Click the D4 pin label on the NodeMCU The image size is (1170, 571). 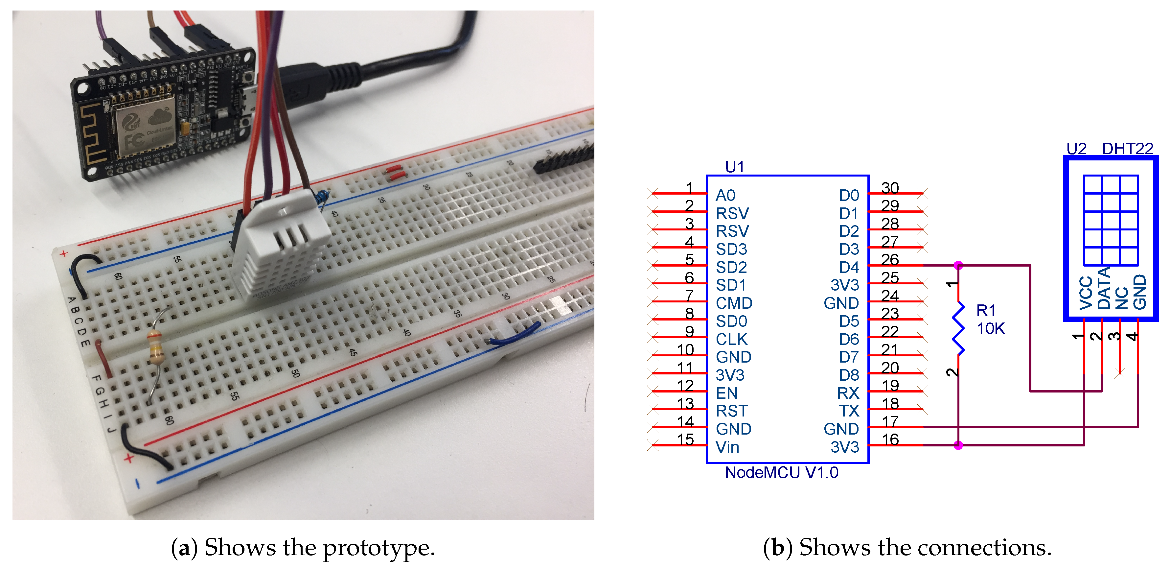848,267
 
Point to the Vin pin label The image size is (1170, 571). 727,447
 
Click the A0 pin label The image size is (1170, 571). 725,195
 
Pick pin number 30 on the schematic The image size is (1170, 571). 890,188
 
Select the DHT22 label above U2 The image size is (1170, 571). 1127,149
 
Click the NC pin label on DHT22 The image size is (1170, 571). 1121,297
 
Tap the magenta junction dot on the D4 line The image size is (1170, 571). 958,265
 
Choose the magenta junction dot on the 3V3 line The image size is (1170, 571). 958,445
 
